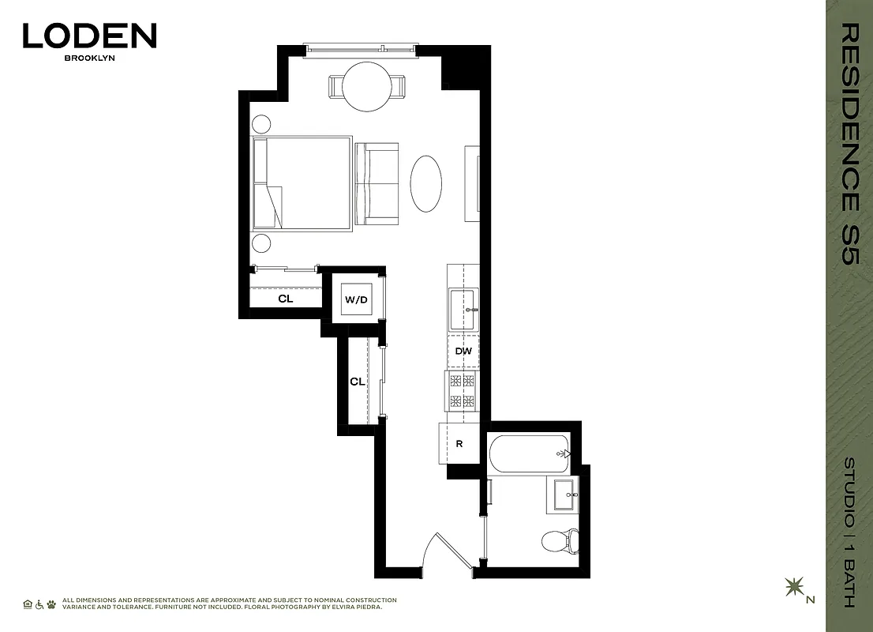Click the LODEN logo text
89,36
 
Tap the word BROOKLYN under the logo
89,58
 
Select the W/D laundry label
356,300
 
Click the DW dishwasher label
463,352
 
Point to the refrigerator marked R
459,444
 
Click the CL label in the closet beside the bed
285,299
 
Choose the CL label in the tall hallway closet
358,382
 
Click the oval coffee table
427,182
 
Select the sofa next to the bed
377,183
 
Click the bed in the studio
302,183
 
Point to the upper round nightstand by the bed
261,124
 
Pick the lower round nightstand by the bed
261,243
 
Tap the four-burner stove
462,391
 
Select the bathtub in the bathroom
528,453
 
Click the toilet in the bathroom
560,542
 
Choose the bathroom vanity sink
564,497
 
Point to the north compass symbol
793,588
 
